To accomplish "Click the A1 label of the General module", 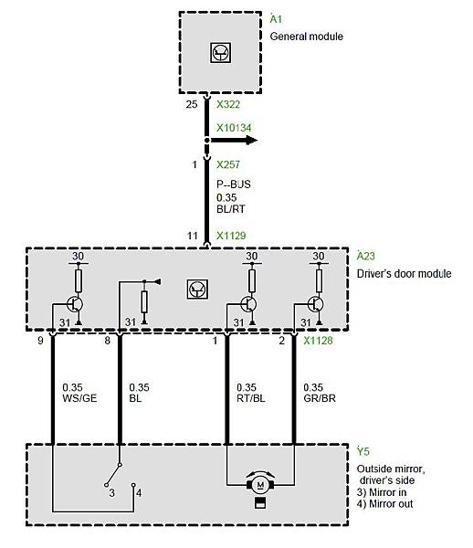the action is pyautogui.click(x=276, y=19).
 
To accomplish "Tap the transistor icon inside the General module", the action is pyautogui.click(x=220, y=52).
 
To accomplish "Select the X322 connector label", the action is pyautogui.click(x=228, y=104).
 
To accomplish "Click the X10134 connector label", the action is pyautogui.click(x=234, y=128).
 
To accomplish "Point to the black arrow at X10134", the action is pyautogui.click(x=234, y=141).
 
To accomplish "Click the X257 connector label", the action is pyautogui.click(x=228, y=164).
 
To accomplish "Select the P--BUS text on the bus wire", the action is pyautogui.click(x=234, y=184).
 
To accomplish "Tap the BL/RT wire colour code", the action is pyautogui.click(x=230, y=209).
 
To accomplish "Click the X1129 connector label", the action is pyautogui.click(x=231, y=236).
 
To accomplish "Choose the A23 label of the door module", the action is pyautogui.click(x=366, y=256).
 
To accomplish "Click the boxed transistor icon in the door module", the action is pyautogui.click(x=197, y=289).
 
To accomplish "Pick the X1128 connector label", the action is pyautogui.click(x=318, y=341).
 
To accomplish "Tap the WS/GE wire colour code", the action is pyautogui.click(x=79, y=398).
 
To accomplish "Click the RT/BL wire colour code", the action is pyautogui.click(x=251, y=398).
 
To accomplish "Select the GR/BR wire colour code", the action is pyautogui.click(x=320, y=398).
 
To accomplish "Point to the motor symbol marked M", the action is pyautogui.click(x=260, y=485).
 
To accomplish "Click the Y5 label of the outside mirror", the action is pyautogui.click(x=363, y=451).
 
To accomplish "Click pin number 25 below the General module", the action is pyautogui.click(x=192, y=104).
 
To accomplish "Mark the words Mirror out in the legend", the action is pyautogui.click(x=391, y=503).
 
